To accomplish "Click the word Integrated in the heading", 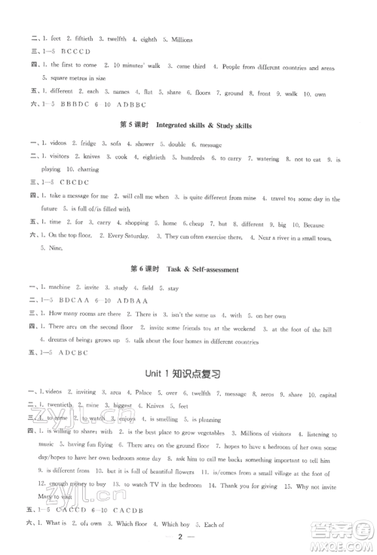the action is click(181, 125).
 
